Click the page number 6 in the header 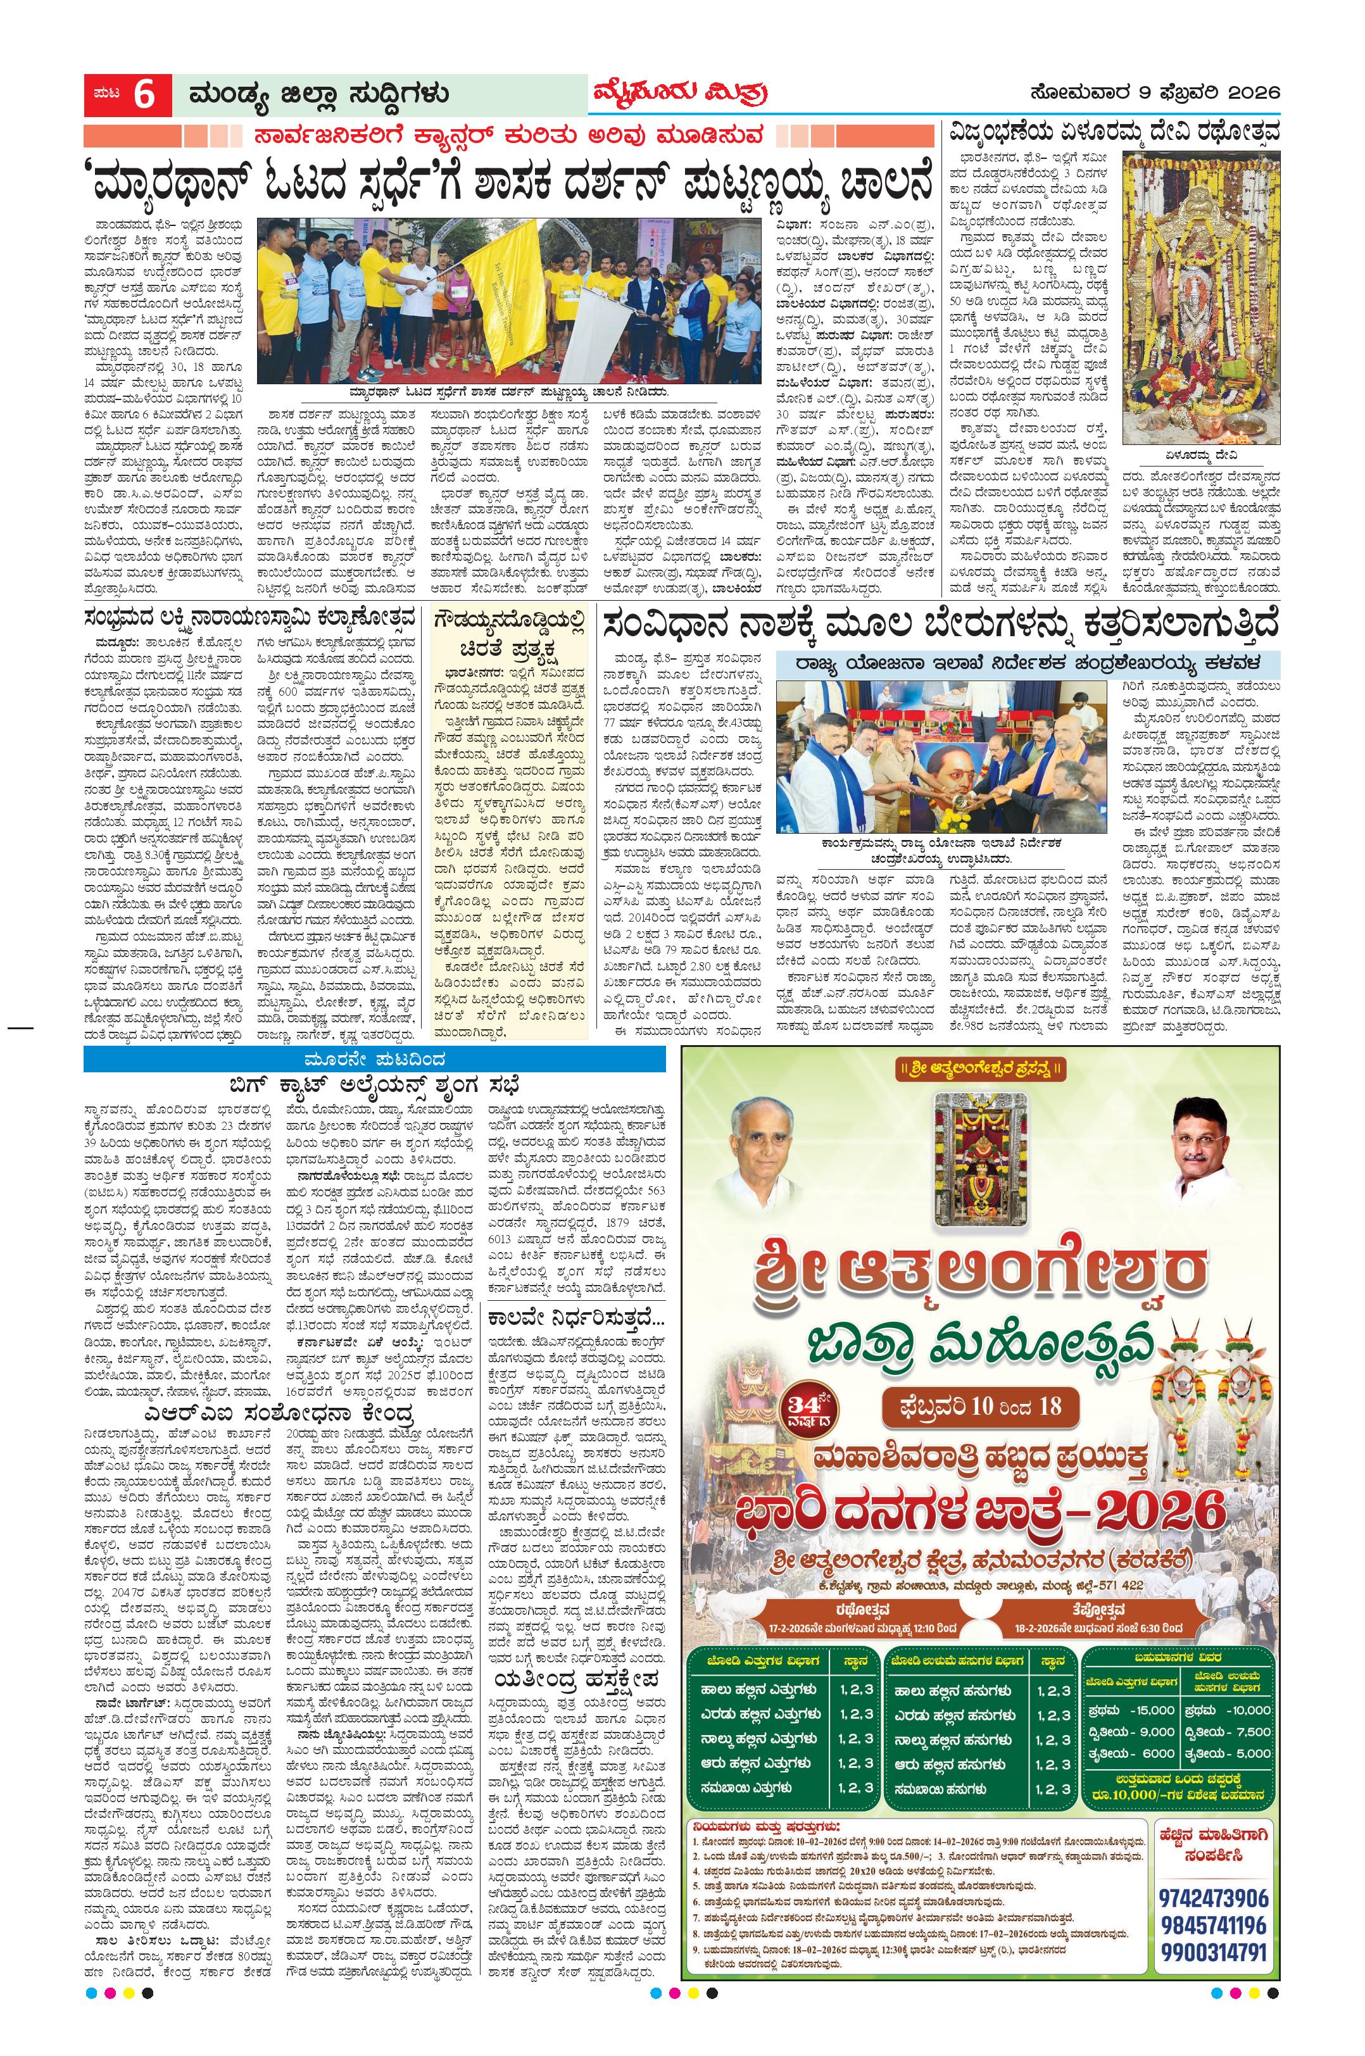click(x=144, y=95)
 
